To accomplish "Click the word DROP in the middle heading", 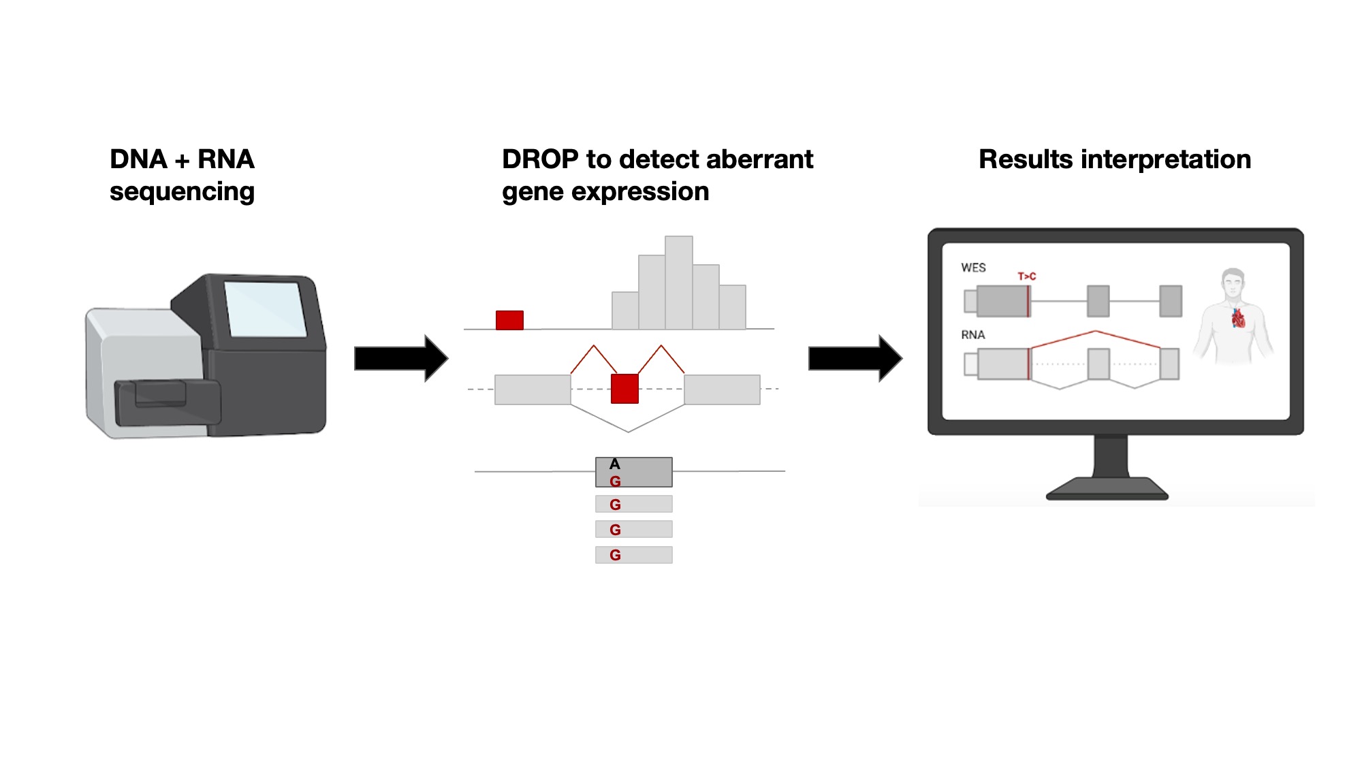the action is [x=540, y=159].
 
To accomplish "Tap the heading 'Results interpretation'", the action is [x=1115, y=159].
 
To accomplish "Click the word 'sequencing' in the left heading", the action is [x=182, y=193].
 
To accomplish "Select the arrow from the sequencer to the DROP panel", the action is [x=401, y=358].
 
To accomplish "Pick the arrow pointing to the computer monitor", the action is [x=855, y=358].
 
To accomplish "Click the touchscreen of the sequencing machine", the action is [x=265, y=308].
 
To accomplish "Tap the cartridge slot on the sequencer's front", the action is [x=161, y=394].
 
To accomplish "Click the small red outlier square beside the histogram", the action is [x=509, y=320].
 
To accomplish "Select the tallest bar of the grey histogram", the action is [x=679, y=283].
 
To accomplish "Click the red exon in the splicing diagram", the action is [x=624, y=389].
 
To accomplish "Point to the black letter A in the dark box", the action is [x=615, y=464].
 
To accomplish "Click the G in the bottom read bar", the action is [x=615, y=555].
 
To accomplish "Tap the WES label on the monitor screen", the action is [x=973, y=268].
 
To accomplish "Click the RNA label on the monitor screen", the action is [x=973, y=335].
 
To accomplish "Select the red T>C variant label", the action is [x=1027, y=276].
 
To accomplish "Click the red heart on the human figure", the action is [x=1238, y=318].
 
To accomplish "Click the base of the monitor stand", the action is [x=1107, y=489].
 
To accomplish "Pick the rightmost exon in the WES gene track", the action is [x=1171, y=301].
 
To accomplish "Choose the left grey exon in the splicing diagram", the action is [x=533, y=389].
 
